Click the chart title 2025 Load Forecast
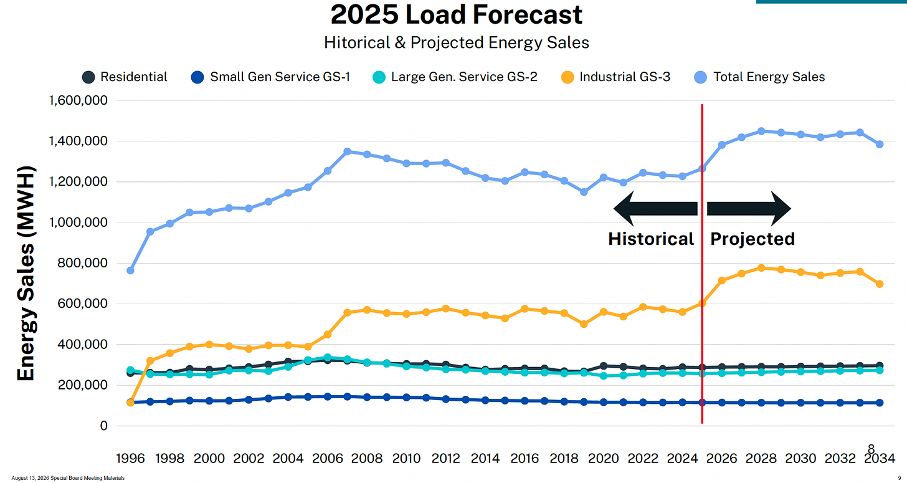pyautogui.click(x=457, y=14)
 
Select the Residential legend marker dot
pyautogui.click(x=88, y=77)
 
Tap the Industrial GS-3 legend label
pyautogui.click(x=625, y=77)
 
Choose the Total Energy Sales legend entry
pyautogui.click(x=759, y=77)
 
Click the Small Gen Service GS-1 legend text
pyautogui.click(x=280, y=77)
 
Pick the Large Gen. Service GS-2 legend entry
pyautogui.click(x=455, y=77)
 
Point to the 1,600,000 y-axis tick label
pyautogui.click(x=78, y=100)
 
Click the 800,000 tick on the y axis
pyautogui.click(x=83, y=263)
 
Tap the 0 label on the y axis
pyautogui.click(x=103, y=426)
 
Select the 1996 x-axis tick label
pyautogui.click(x=130, y=458)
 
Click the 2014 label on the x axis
pyautogui.click(x=485, y=458)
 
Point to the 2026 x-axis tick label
pyautogui.click(x=721, y=458)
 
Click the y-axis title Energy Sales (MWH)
pyautogui.click(x=26, y=273)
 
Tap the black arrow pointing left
pyautogui.click(x=655, y=209)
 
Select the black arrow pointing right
pyautogui.click(x=749, y=209)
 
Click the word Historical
pyautogui.click(x=651, y=239)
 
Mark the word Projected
pyautogui.click(x=753, y=239)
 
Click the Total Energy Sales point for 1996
pyautogui.click(x=130, y=270)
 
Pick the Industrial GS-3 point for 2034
pyautogui.click(x=880, y=284)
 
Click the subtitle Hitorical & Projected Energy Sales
pyautogui.click(x=457, y=43)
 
